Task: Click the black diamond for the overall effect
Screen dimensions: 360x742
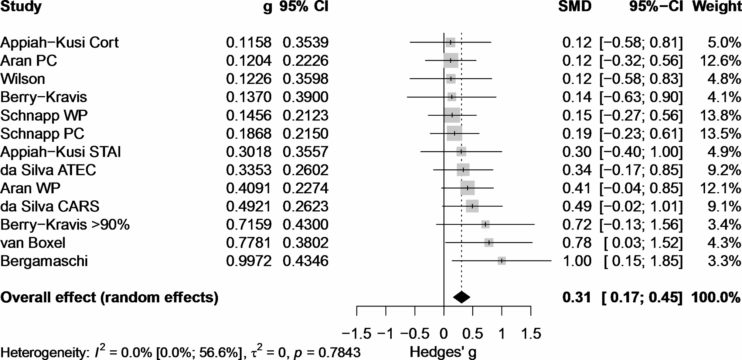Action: tap(461, 297)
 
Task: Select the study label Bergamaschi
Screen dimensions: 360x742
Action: tap(44, 261)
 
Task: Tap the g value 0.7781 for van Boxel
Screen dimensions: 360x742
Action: tap(248, 243)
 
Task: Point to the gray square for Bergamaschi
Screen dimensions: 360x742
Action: tap(501, 261)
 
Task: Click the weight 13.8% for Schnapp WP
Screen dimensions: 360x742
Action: tap(720, 115)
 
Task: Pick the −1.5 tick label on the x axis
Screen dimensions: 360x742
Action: tap(356, 334)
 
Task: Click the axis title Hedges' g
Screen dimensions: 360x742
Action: tap(443, 352)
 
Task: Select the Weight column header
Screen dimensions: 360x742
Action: tap(717, 7)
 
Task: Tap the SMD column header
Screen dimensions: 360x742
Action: tap(575, 7)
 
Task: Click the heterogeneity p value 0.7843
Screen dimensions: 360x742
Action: tap(339, 352)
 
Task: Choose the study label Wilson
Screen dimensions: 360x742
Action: tap(23, 79)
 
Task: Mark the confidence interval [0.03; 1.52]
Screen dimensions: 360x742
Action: tap(643, 243)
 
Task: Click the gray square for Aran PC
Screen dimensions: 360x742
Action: tap(451, 61)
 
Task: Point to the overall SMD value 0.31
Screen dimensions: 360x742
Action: tap(577, 297)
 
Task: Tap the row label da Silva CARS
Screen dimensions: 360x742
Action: tap(50, 206)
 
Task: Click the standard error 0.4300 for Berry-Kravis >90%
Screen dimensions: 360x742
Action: tap(305, 224)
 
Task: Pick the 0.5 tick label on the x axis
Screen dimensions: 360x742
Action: tap(473, 334)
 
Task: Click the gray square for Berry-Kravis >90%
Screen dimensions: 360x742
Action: tap(485, 224)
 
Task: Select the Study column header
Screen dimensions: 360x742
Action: tap(21, 7)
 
